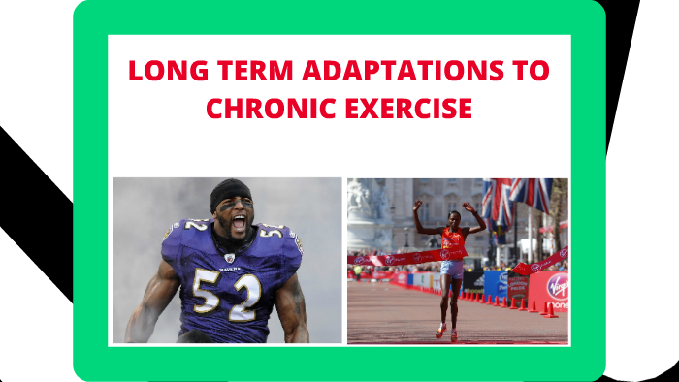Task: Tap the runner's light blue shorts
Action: click(451, 268)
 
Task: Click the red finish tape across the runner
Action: click(407, 259)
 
